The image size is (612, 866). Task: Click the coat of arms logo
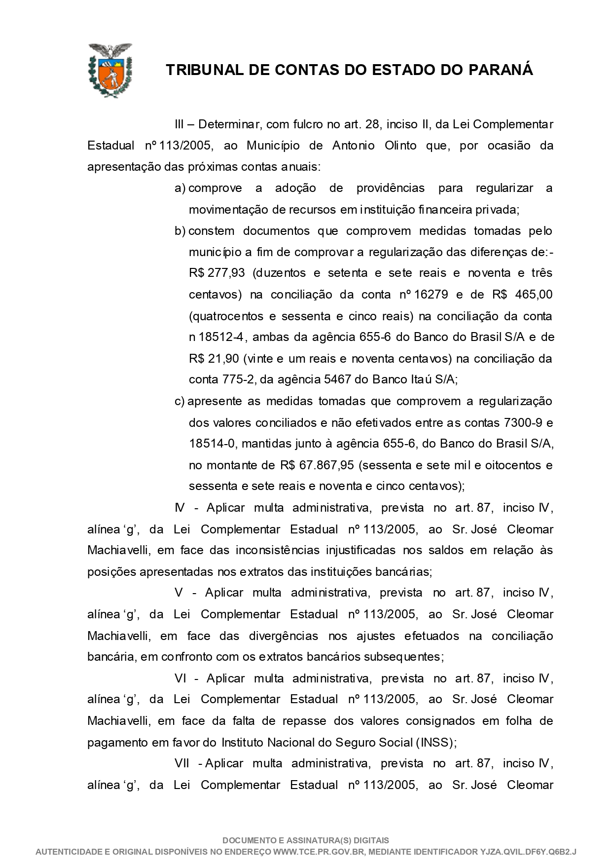[x=109, y=70]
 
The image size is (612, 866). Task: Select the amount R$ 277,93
[x=216, y=273]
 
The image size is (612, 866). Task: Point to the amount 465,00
[x=534, y=295]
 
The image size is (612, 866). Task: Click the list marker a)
[x=180, y=188]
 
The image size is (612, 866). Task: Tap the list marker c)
[x=180, y=401]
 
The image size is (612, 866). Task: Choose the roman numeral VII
[x=182, y=763]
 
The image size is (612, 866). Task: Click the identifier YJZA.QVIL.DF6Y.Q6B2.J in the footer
[x=528, y=852]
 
